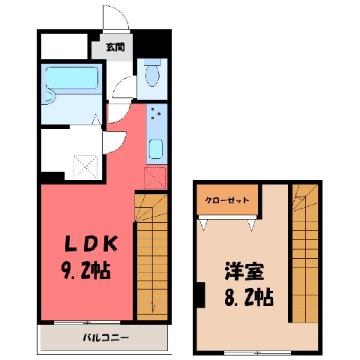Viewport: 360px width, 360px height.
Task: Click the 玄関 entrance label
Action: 115,47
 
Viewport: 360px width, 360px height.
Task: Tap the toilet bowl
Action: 152,73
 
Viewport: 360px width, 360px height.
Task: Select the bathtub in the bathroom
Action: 72,78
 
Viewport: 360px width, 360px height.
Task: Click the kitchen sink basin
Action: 156,149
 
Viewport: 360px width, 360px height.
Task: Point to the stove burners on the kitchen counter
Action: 155,113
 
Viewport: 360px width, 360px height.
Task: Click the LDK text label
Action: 91,244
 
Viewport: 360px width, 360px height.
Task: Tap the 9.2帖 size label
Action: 85,271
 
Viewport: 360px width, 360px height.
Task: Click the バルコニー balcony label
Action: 106,338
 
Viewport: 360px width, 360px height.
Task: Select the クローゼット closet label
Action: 227,200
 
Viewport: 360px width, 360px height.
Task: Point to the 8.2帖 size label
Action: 249,298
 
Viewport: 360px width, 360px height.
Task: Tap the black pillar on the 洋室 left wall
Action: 200,295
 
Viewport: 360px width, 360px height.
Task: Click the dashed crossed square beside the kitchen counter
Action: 155,178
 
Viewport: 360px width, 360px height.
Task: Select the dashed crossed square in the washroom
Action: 85,166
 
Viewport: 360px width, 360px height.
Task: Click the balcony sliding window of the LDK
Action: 87,322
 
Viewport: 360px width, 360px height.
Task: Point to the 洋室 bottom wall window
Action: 257,353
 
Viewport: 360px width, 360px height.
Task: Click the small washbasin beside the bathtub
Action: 49,97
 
